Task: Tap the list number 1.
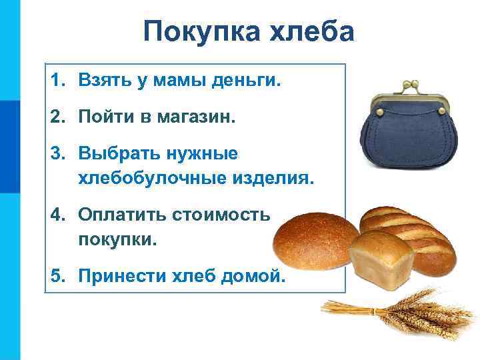(57, 81)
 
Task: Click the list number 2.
(57, 118)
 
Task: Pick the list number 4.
(57, 215)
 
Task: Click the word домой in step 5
(253, 275)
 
